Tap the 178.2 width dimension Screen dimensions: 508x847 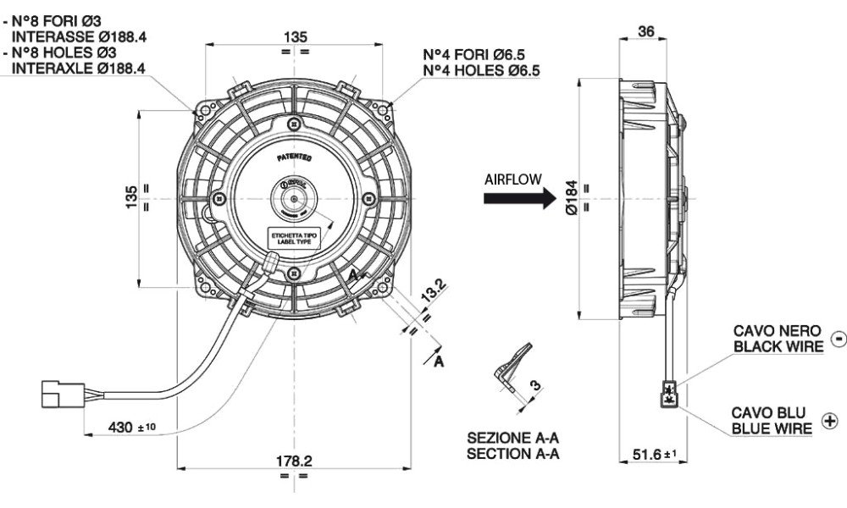295,461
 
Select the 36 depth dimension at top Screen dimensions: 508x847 645,31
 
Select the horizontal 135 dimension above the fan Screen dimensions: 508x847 294,36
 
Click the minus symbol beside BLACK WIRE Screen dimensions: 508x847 839,339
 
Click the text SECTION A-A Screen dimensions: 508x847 513,454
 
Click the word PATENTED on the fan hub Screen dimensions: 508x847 294,157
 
